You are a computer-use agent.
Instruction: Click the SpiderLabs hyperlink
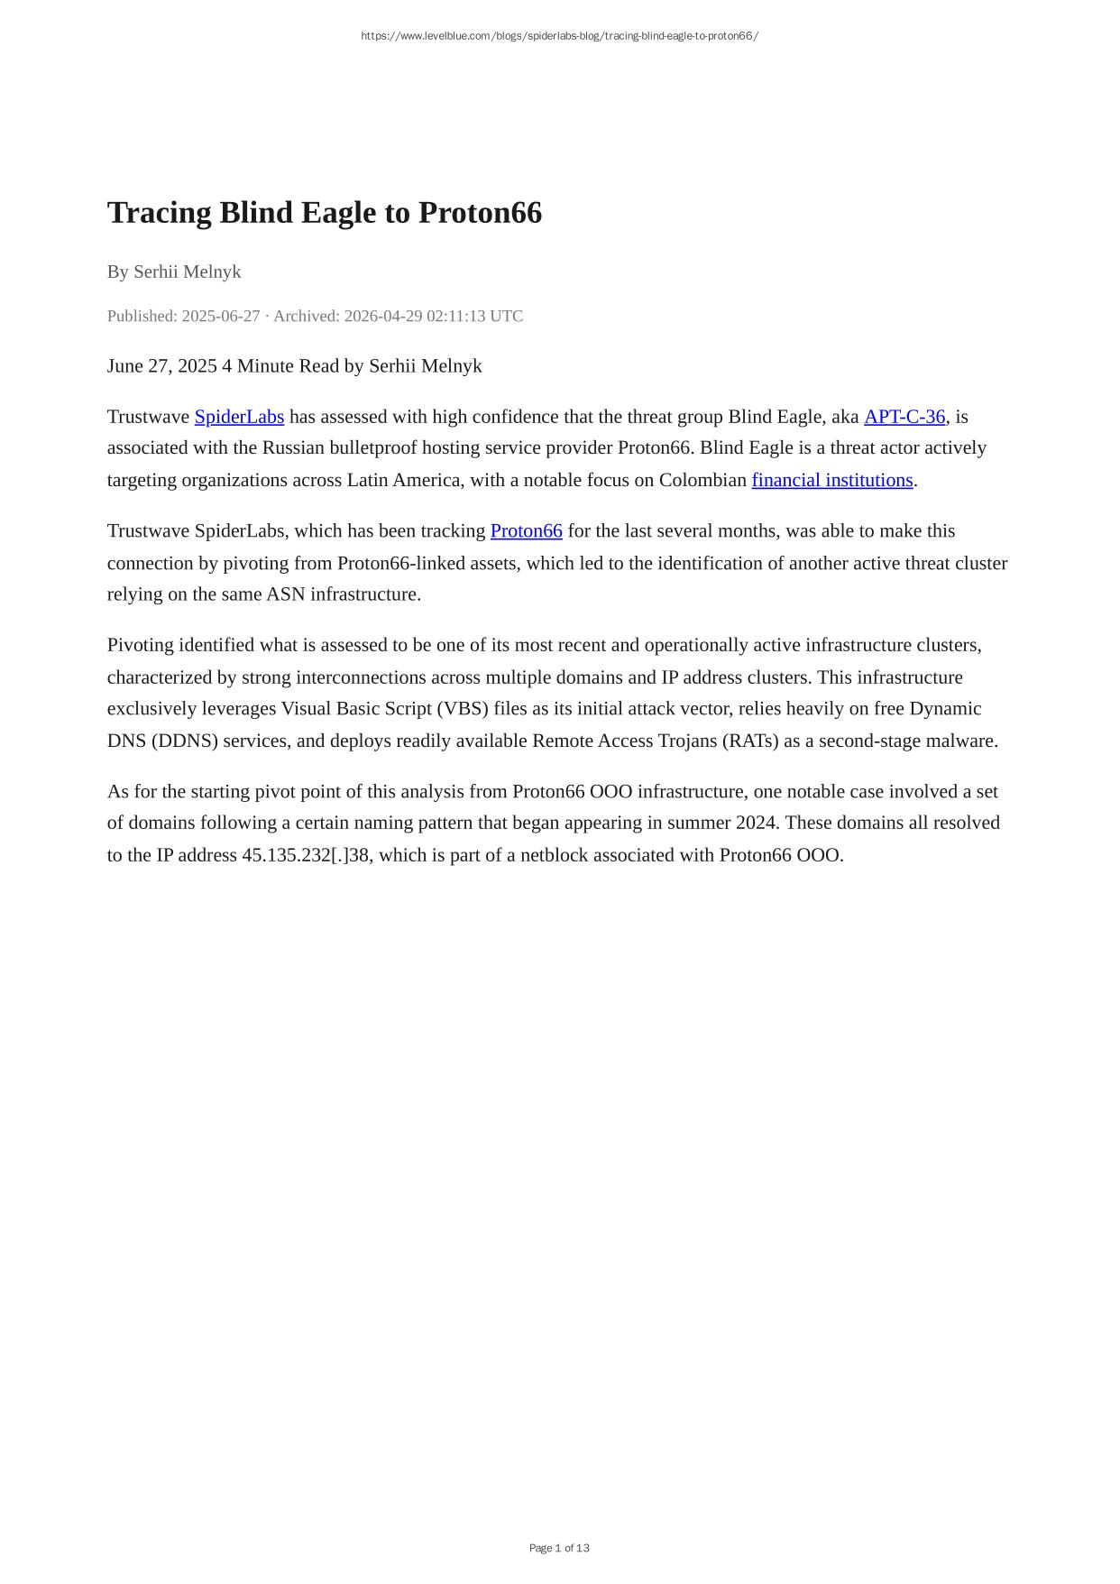click(x=239, y=417)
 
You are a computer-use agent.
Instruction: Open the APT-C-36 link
click(x=904, y=417)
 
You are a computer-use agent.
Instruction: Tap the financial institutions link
click(x=831, y=480)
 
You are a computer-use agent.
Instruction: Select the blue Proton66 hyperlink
click(x=526, y=531)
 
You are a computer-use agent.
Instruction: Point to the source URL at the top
click(x=559, y=36)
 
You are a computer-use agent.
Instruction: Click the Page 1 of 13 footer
click(x=559, y=1548)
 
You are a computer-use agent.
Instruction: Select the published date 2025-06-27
click(x=220, y=316)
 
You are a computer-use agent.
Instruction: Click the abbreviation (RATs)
click(x=750, y=741)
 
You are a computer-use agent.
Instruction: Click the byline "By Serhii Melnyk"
click(x=174, y=272)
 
